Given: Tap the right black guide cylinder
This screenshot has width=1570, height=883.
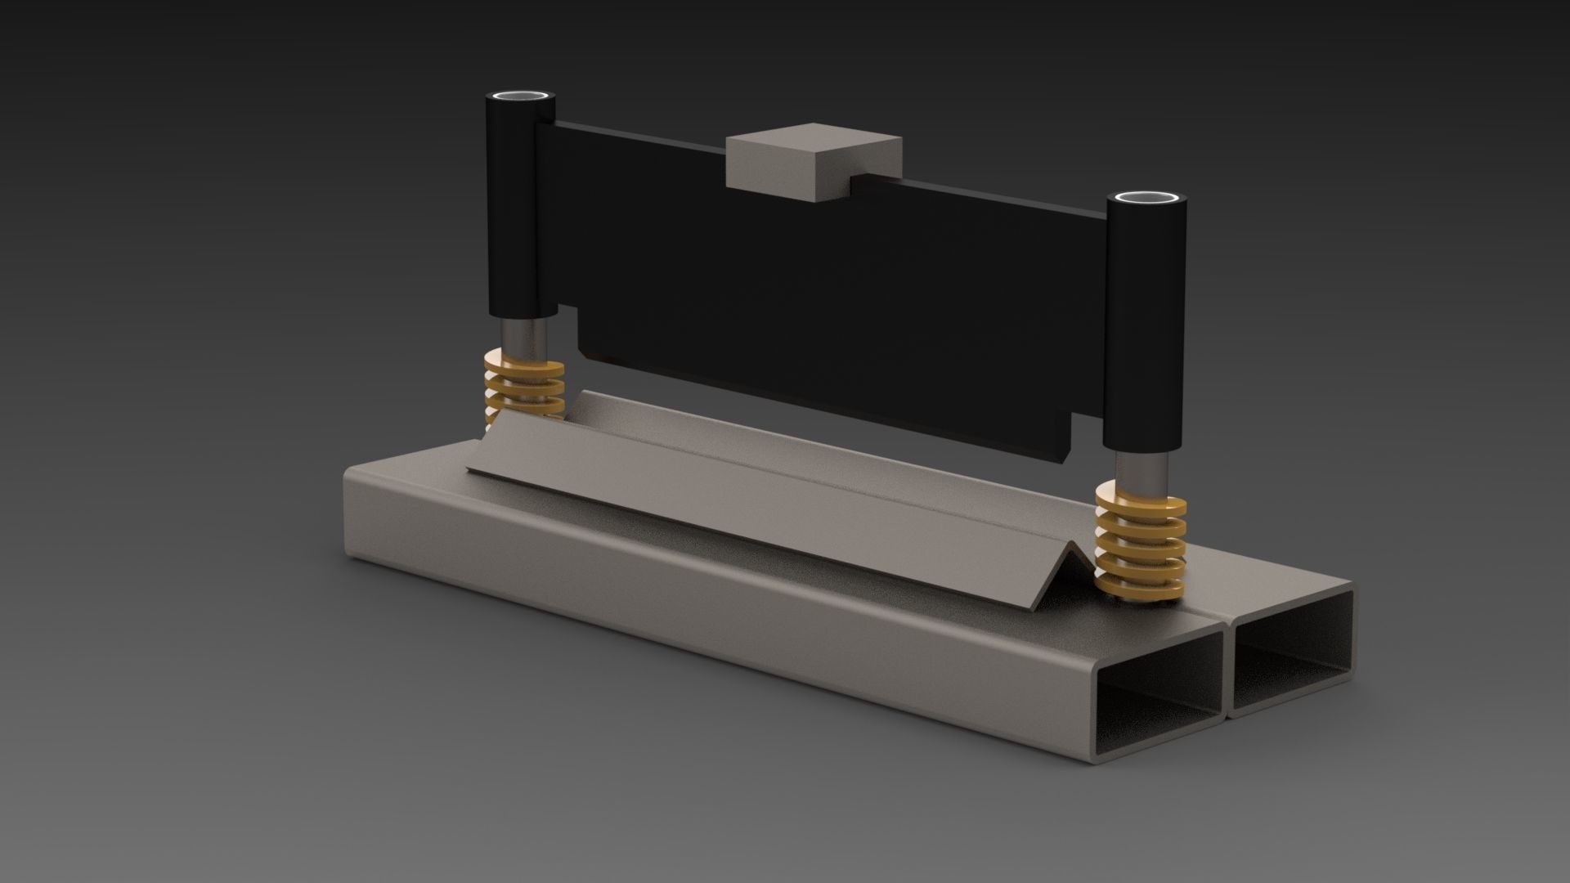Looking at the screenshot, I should click(x=1144, y=327).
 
